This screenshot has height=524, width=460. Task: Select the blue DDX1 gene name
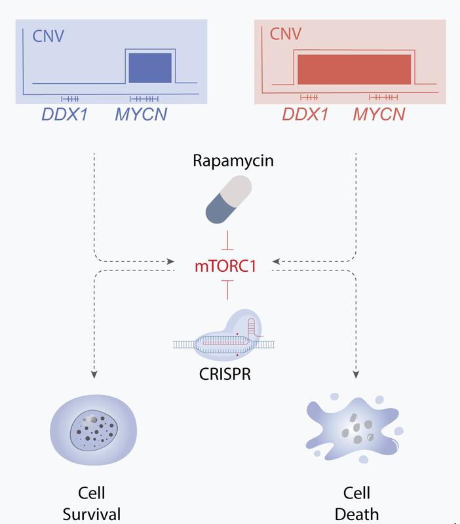pos(64,115)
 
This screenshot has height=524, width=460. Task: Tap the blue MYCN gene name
pos(141,115)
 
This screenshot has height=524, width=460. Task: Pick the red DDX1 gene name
pos(305,115)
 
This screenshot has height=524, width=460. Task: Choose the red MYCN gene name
pos(379,115)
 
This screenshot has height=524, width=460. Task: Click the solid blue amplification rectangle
pos(150,67)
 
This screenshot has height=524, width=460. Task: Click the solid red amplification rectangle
pos(355,69)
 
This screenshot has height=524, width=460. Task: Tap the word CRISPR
pos(225,375)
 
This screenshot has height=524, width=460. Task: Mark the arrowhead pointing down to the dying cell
pos(356,375)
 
